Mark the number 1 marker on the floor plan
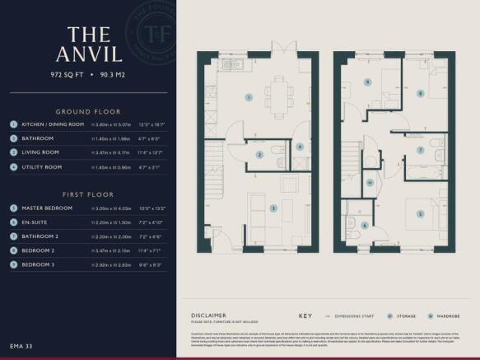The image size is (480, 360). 249,97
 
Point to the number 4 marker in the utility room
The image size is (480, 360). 301,147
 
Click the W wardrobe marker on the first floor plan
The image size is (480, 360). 370,183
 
